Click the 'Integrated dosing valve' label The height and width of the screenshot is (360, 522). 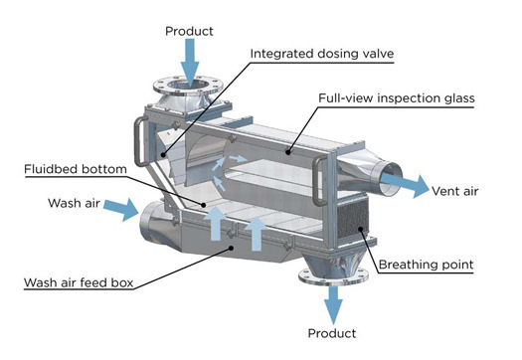point(322,54)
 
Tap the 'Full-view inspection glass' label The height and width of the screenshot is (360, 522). point(397,98)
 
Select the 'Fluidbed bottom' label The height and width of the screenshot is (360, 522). point(76,169)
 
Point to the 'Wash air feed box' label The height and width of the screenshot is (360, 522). point(79,282)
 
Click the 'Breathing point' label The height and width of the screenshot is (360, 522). point(426,265)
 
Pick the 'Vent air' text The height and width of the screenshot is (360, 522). point(454,191)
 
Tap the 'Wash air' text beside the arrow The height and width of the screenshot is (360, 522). point(74,203)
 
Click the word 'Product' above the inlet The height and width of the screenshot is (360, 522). point(189,31)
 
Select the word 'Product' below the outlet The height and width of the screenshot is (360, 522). point(332,333)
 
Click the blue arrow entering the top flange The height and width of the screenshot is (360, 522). point(190,63)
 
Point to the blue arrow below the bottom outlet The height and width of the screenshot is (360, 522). point(333,304)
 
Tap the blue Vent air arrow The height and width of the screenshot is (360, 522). point(405,185)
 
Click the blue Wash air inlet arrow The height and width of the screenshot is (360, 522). point(121,209)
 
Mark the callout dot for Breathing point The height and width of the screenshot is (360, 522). point(360,229)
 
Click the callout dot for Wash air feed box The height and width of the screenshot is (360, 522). point(232,248)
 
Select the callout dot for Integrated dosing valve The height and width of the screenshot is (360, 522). point(163,154)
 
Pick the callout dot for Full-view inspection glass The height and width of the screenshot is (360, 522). point(287,152)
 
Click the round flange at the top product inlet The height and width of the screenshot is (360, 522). point(188,87)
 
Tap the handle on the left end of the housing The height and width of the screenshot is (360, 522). point(140,141)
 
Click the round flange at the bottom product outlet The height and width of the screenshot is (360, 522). point(333,277)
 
